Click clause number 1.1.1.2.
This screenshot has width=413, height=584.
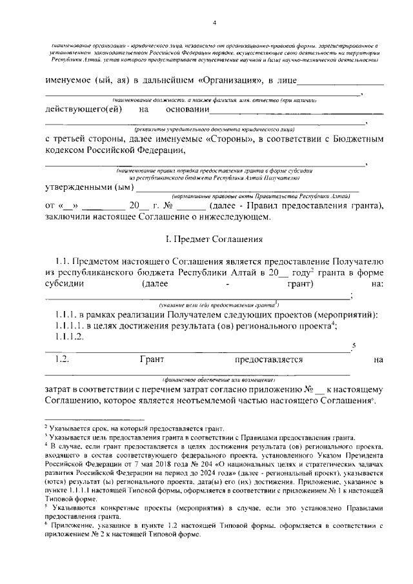70,336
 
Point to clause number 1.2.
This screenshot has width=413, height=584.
63,359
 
